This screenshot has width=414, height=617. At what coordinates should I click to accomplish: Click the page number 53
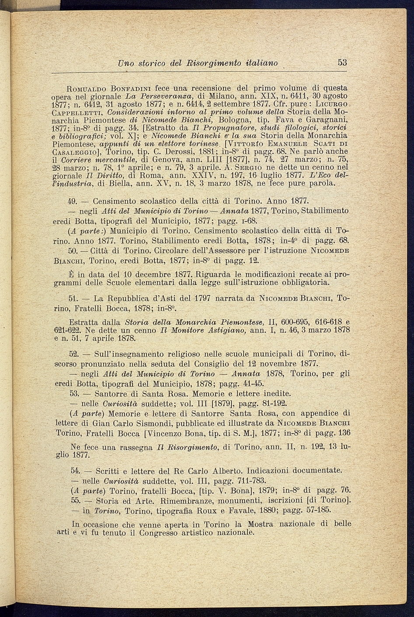tap(342, 62)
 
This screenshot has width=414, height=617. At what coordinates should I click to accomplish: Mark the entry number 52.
tap(73, 354)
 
